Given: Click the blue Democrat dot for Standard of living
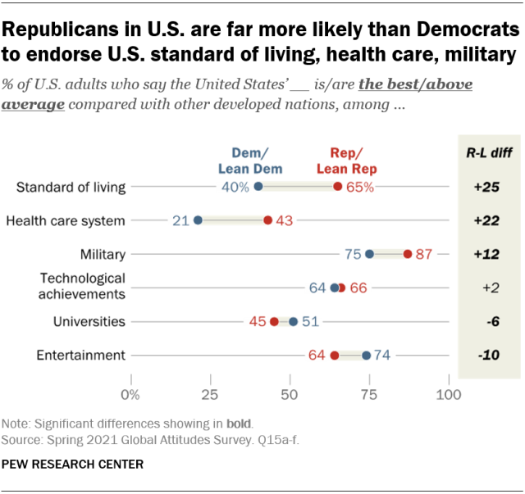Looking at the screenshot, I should pyautogui.click(x=258, y=187).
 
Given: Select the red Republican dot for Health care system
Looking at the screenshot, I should pyautogui.click(x=267, y=220).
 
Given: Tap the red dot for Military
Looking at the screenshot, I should pyautogui.click(x=408, y=254).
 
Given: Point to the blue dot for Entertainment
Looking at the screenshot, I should pyautogui.click(x=366, y=356).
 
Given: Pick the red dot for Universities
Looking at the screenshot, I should pyautogui.click(x=274, y=321).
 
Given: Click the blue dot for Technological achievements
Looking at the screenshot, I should pyautogui.click(x=335, y=288).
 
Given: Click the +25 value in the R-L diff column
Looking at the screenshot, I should pyautogui.click(x=487, y=187).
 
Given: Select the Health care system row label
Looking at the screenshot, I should pyautogui.click(x=66, y=220).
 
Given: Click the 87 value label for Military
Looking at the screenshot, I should pyautogui.click(x=424, y=254).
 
